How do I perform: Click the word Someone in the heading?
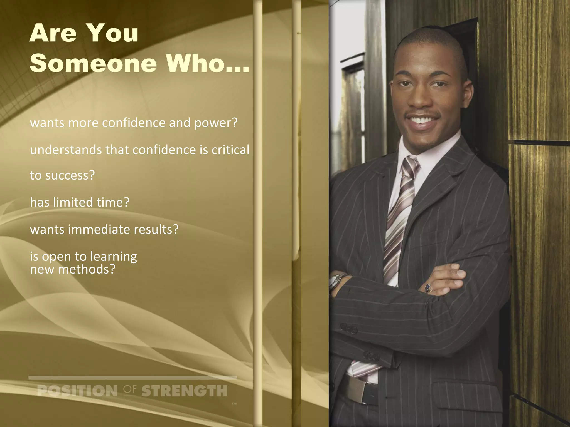point(93,63)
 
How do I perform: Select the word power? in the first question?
point(216,123)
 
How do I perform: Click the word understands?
point(66,150)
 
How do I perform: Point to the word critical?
point(230,150)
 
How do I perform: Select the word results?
point(156,230)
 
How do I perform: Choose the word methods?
point(87,270)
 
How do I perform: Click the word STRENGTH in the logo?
point(184,391)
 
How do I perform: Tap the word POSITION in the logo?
point(77,391)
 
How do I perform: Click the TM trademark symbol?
point(234,404)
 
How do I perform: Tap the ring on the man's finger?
point(428,287)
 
